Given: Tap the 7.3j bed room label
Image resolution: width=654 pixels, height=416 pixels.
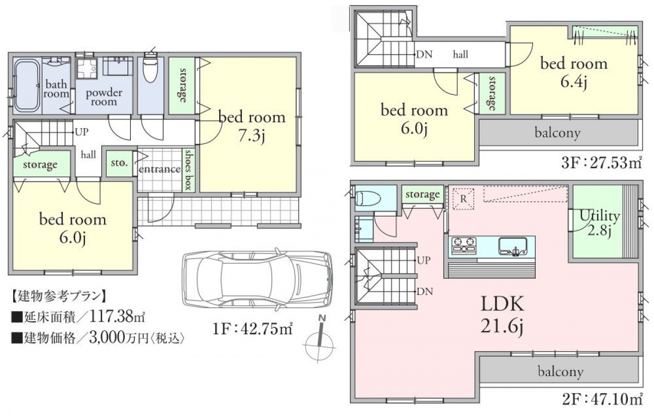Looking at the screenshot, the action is coord(252,126).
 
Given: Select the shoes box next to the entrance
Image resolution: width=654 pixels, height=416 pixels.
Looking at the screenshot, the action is coord(189,170).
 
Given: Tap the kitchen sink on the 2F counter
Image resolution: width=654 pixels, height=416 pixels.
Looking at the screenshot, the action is coord(513,247).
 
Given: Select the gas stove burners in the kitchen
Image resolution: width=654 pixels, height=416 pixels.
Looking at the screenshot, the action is coord(464,245).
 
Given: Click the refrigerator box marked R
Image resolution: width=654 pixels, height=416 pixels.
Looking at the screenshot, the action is coord(463,199).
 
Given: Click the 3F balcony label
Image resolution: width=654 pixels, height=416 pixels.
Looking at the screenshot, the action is coord(558,133).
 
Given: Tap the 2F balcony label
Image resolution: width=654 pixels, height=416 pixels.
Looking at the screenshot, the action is coord(561,372).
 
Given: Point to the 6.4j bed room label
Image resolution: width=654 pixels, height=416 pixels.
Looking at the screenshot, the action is coord(574,73).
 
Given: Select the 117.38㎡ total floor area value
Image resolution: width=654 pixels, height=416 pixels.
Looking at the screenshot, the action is coord(117,316).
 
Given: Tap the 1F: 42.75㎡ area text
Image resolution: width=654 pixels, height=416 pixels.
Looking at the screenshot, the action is coord(252,329).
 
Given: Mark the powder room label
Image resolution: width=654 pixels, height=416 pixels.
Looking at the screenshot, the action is coord(104,97).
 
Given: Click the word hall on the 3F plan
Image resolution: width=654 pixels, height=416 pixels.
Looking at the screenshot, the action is coord(461,55).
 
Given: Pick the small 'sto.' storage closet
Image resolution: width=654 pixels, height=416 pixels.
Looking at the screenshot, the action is coord(119,163).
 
